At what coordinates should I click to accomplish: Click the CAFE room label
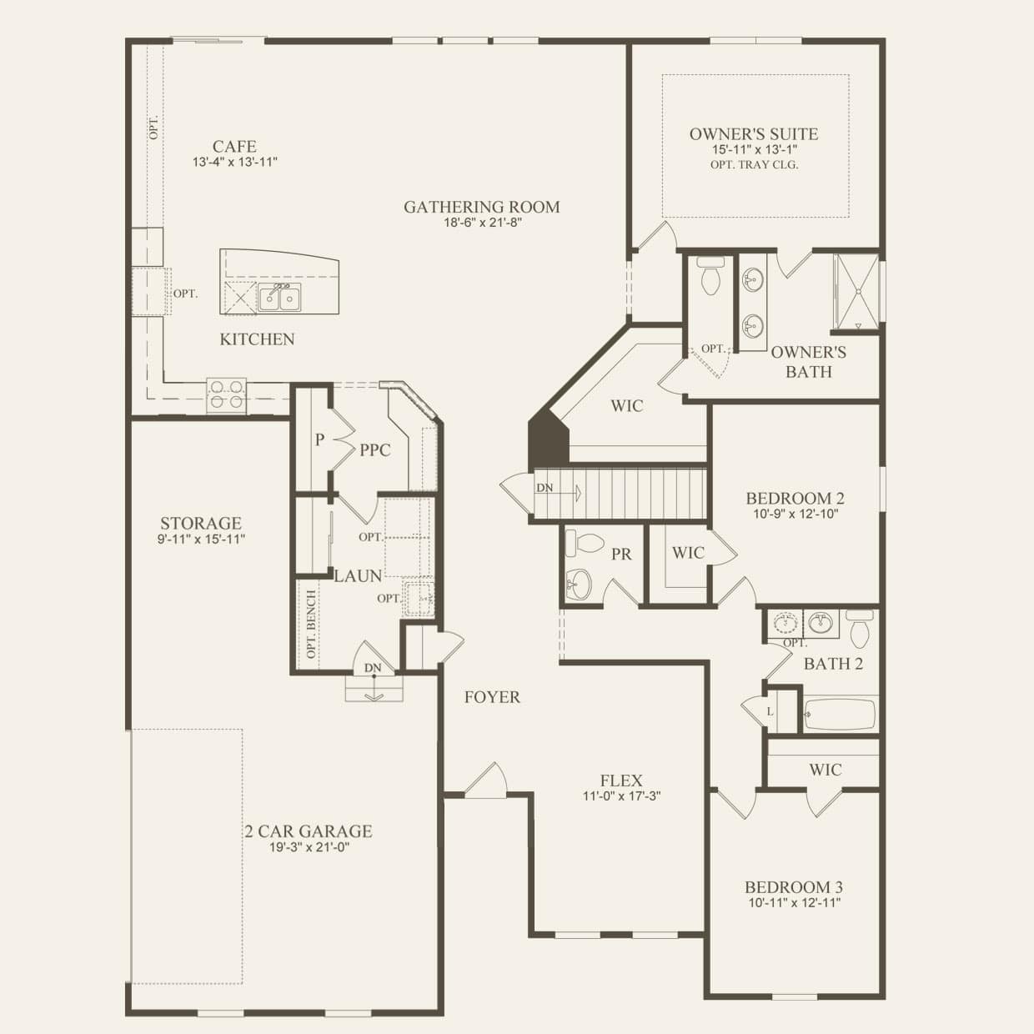pos(234,147)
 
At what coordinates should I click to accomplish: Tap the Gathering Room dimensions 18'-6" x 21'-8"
pos(483,223)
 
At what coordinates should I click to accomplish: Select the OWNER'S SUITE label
pos(754,134)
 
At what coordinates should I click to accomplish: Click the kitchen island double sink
pos(279,297)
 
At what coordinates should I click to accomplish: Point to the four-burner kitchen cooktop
pos(227,394)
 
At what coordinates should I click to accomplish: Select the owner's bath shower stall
pos(856,292)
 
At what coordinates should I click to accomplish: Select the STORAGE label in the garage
pos(201,524)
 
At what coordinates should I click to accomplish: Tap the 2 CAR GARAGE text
pos(309,831)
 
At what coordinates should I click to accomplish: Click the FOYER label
pos(492,697)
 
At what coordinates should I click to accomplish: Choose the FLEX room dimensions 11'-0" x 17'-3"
pos(622,796)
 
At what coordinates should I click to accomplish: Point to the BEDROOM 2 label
pos(795,499)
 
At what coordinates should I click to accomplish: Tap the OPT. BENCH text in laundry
pos(311,625)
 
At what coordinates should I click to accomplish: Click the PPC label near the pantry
pos(375,450)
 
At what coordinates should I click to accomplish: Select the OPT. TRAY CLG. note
pos(754,165)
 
